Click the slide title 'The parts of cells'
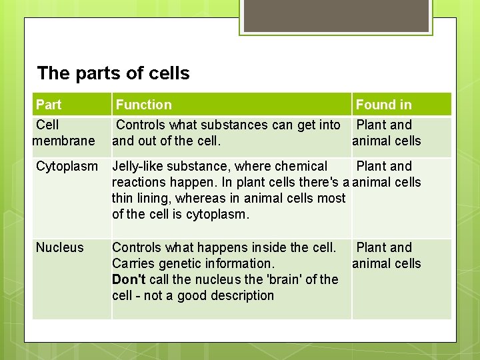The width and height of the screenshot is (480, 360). point(113,73)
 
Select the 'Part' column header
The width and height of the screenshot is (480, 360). point(49,105)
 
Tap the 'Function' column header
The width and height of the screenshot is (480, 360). point(143,105)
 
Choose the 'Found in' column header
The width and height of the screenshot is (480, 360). point(383,105)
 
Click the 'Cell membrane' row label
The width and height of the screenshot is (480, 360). point(64,133)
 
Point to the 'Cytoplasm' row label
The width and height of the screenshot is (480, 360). point(67,166)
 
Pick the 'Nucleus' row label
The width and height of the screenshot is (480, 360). point(60,247)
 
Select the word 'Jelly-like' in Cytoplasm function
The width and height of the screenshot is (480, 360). point(137,166)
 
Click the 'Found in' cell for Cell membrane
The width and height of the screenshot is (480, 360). point(387,133)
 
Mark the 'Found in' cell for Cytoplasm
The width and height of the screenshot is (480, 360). point(387,174)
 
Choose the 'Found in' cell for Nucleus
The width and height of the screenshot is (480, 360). point(387,255)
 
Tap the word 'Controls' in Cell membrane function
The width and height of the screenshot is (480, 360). point(141,125)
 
